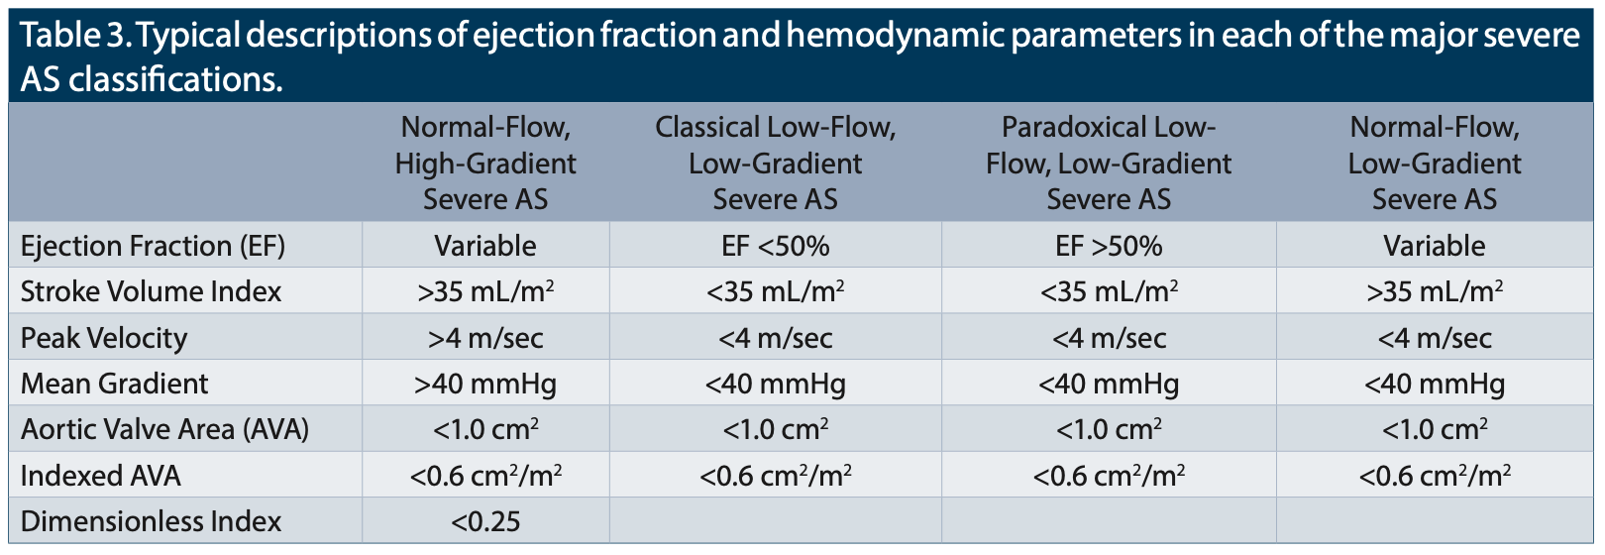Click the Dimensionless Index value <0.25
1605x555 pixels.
click(485, 521)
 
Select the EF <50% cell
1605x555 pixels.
click(776, 246)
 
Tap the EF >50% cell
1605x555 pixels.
click(1109, 246)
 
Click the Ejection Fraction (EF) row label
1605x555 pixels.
click(153, 246)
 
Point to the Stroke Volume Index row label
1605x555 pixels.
click(151, 291)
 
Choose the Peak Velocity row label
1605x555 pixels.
click(104, 338)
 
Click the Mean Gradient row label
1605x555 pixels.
click(114, 384)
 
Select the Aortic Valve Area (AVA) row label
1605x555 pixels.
click(164, 429)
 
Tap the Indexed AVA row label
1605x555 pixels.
click(100, 476)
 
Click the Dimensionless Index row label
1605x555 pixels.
click(151, 521)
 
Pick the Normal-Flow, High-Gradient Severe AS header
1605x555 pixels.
click(485, 163)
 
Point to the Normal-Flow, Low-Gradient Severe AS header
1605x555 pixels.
click(1435, 163)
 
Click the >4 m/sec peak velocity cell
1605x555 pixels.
click(485, 338)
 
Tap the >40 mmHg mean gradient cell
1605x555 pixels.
click(485, 384)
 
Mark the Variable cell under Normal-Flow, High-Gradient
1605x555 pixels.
click(485, 246)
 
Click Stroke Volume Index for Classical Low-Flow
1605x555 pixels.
click(776, 291)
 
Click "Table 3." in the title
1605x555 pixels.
click(74, 35)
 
